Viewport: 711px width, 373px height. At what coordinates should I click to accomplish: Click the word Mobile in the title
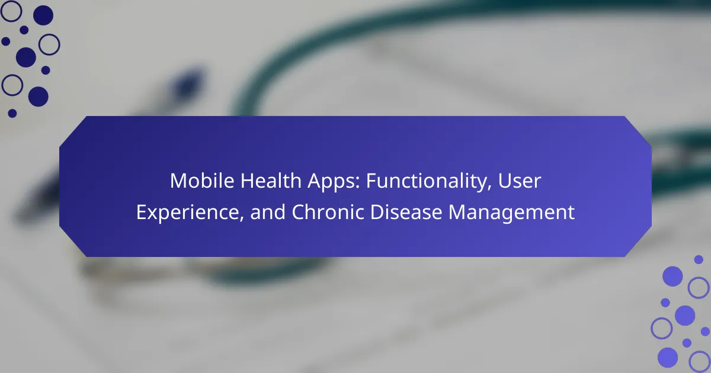pyautogui.click(x=202, y=181)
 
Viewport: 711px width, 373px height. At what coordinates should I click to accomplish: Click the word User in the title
pyautogui.click(x=519, y=181)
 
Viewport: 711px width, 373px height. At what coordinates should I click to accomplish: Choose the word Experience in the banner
pyautogui.click(x=188, y=213)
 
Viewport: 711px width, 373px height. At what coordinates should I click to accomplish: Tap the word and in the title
pyautogui.click(x=268, y=212)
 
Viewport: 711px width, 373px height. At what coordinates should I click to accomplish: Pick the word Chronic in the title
pyautogui.click(x=328, y=212)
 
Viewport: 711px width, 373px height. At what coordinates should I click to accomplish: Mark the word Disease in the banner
pyautogui.click(x=406, y=212)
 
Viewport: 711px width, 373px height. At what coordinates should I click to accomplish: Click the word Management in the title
pyautogui.click(x=511, y=213)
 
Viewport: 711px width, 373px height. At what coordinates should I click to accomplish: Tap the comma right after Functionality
pyautogui.click(x=489, y=188)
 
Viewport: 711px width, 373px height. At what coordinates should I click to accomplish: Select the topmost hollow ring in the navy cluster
pyautogui.click(x=11, y=11)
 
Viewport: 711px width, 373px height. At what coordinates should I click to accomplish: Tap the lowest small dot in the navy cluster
pyautogui.click(x=12, y=113)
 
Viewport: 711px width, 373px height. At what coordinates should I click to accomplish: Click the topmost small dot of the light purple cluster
pyautogui.click(x=699, y=259)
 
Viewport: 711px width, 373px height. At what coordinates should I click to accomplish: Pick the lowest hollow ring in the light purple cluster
pyautogui.click(x=699, y=362)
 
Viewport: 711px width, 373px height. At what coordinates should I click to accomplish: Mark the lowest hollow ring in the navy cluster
pyautogui.click(x=12, y=85)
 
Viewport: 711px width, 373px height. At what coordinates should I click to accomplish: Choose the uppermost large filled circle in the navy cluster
pyautogui.click(x=43, y=15)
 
